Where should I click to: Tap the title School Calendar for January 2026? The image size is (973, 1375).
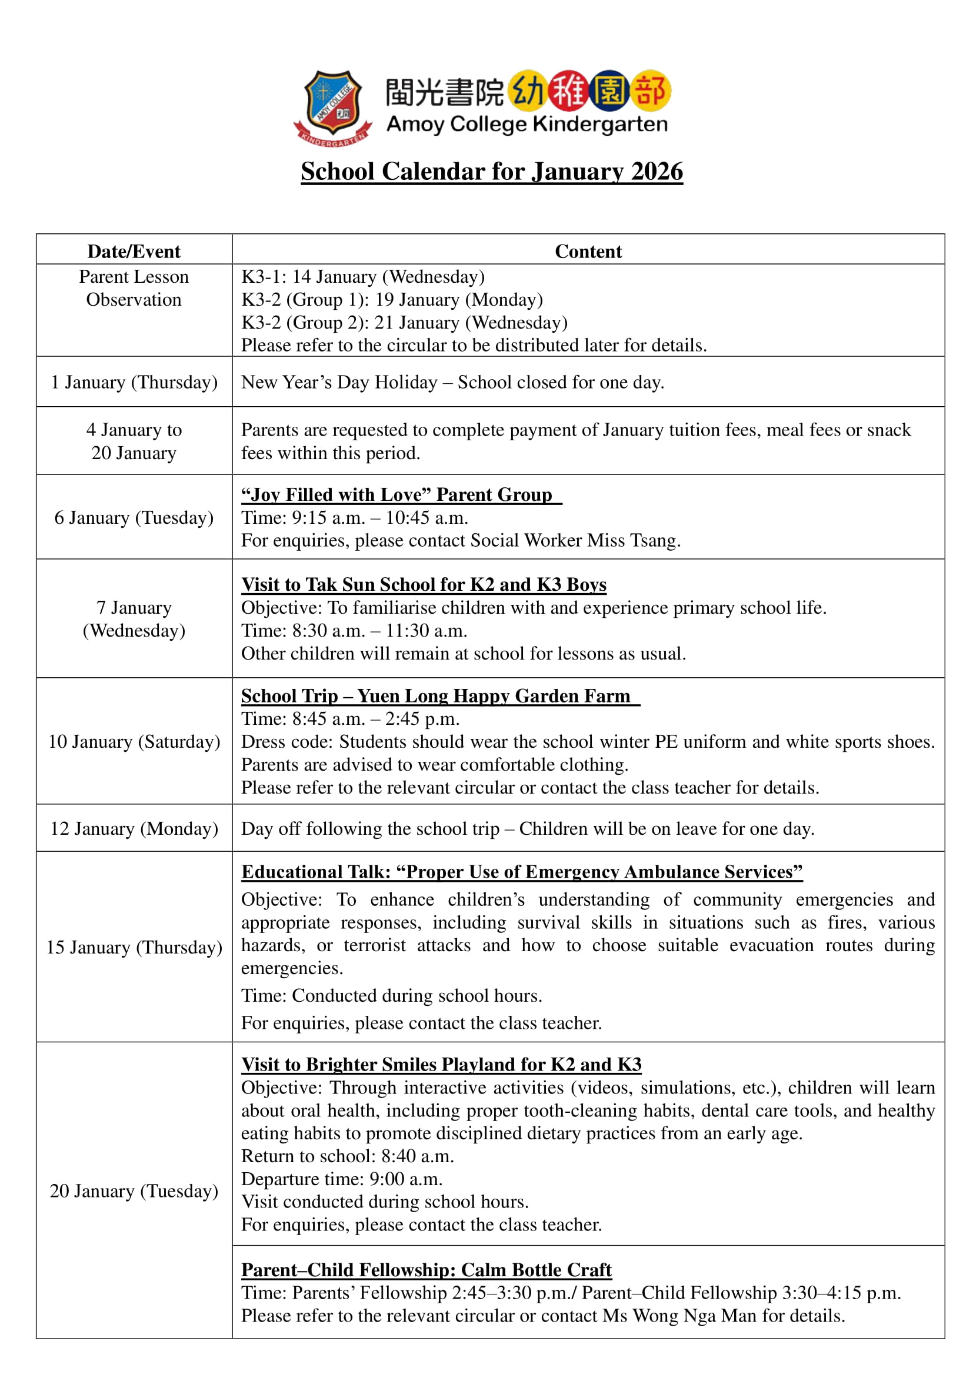[x=491, y=171]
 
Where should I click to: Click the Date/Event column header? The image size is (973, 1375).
[x=134, y=252]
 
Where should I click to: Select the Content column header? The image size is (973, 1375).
[x=588, y=252]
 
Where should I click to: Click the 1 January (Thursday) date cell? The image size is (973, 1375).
[x=134, y=382]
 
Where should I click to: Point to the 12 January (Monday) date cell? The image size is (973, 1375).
[x=134, y=828]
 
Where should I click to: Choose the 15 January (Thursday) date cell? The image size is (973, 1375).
[x=134, y=947]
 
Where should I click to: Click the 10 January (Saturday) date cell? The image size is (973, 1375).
[x=134, y=741]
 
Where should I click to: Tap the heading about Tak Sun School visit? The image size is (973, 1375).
[x=424, y=584]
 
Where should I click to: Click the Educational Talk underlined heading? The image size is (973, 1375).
[x=521, y=871]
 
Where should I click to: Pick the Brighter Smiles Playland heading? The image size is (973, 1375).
[x=441, y=1064]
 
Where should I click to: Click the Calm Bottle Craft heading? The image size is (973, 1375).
[x=426, y=1270]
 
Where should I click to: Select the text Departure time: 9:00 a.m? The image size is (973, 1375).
[x=342, y=1179]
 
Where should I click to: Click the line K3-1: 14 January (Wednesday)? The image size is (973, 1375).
[x=362, y=277]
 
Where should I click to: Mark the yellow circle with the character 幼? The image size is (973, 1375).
[x=528, y=92]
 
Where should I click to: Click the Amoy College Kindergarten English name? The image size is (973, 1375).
[x=527, y=125]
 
